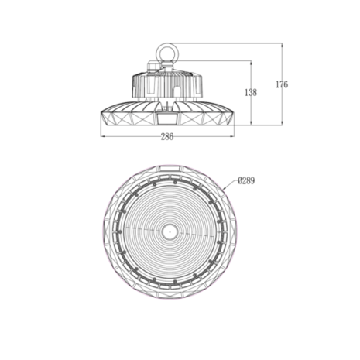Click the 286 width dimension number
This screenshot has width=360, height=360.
[167, 137]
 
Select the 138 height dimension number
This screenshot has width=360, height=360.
[251, 92]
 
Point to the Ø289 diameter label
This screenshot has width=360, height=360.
[246, 181]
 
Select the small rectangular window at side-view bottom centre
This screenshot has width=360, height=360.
[167, 120]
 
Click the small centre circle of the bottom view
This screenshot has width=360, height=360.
[167, 229]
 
